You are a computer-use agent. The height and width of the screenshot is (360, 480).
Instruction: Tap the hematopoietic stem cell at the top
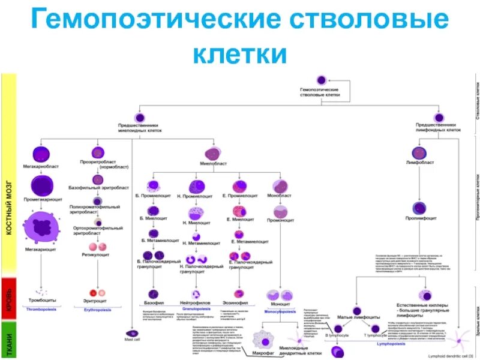[x=320, y=79]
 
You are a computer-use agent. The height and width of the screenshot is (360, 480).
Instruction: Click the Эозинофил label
[x=238, y=295]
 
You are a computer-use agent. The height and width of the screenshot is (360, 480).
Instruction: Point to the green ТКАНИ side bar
[x=9, y=339]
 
